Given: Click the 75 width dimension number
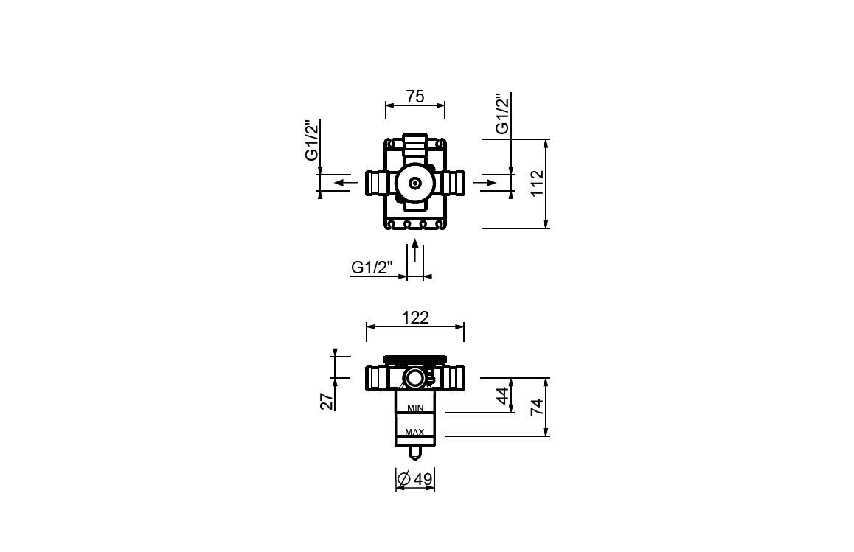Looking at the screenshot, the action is point(415,97).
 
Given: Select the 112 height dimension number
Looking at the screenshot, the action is point(538,184).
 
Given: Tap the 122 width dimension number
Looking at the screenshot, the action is point(415,318).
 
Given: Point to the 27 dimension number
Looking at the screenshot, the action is point(327,401).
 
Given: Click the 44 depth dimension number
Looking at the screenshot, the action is point(504,395).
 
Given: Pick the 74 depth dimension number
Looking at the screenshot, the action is point(538,407).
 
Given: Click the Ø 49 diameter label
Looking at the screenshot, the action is point(415,479).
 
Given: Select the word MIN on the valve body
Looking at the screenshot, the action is point(415,408).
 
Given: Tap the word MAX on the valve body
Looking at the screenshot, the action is point(414,432).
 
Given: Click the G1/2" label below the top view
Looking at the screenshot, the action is point(372,268).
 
